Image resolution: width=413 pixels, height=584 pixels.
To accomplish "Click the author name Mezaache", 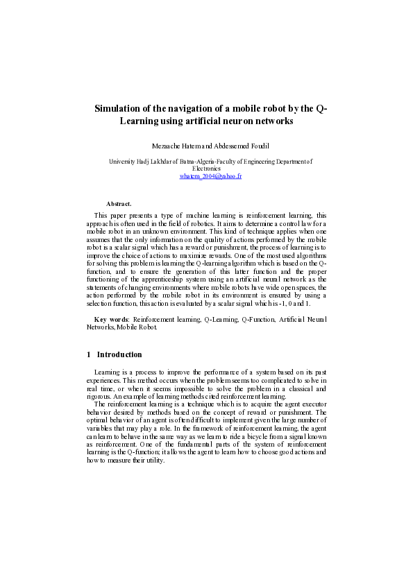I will [165, 146].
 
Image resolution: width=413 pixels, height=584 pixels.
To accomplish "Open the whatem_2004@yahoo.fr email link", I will [210, 176].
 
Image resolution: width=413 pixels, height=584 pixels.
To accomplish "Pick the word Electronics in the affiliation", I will [206, 169].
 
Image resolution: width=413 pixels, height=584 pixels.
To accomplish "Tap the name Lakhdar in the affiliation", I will [167, 161].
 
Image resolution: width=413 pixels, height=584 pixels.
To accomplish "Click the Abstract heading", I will [119, 203].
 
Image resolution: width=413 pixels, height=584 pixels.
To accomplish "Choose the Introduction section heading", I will [119, 354].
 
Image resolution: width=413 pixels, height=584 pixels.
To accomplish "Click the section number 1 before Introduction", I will [89, 354].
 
